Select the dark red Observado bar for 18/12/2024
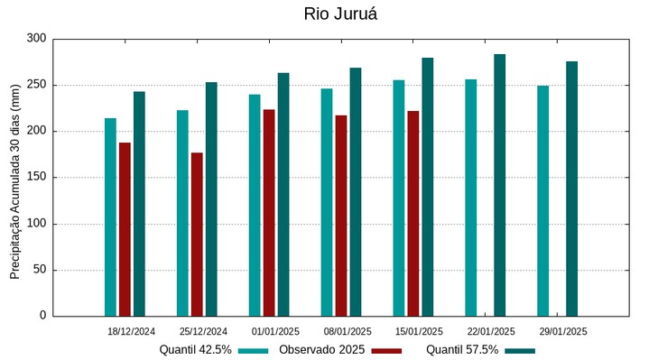coord(125,229)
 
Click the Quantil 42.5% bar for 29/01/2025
coord(542,200)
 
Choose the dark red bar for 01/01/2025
coord(269,213)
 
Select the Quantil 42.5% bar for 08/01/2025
coord(327,202)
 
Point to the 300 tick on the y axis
coord(36,39)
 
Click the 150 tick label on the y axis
coord(36,178)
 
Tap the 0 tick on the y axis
coord(42,316)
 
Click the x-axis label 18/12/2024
coord(131,332)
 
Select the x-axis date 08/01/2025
coord(348,332)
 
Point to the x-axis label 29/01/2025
coord(563,332)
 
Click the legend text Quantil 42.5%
coord(196,349)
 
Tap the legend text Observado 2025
coord(323,349)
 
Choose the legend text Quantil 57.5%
coord(462,349)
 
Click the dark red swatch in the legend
coord(386,350)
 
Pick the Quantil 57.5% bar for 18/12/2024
coord(139,204)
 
